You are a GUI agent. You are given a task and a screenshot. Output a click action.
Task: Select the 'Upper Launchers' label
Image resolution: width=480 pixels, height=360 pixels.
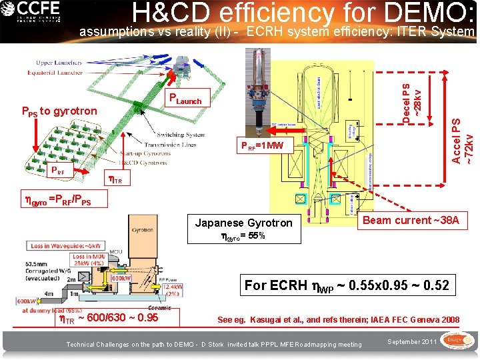point(55,63)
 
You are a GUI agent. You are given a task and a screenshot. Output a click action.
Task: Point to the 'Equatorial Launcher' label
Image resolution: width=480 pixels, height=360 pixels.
point(55,73)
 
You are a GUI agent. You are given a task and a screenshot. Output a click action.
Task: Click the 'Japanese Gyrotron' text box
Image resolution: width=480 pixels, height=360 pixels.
point(243,229)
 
